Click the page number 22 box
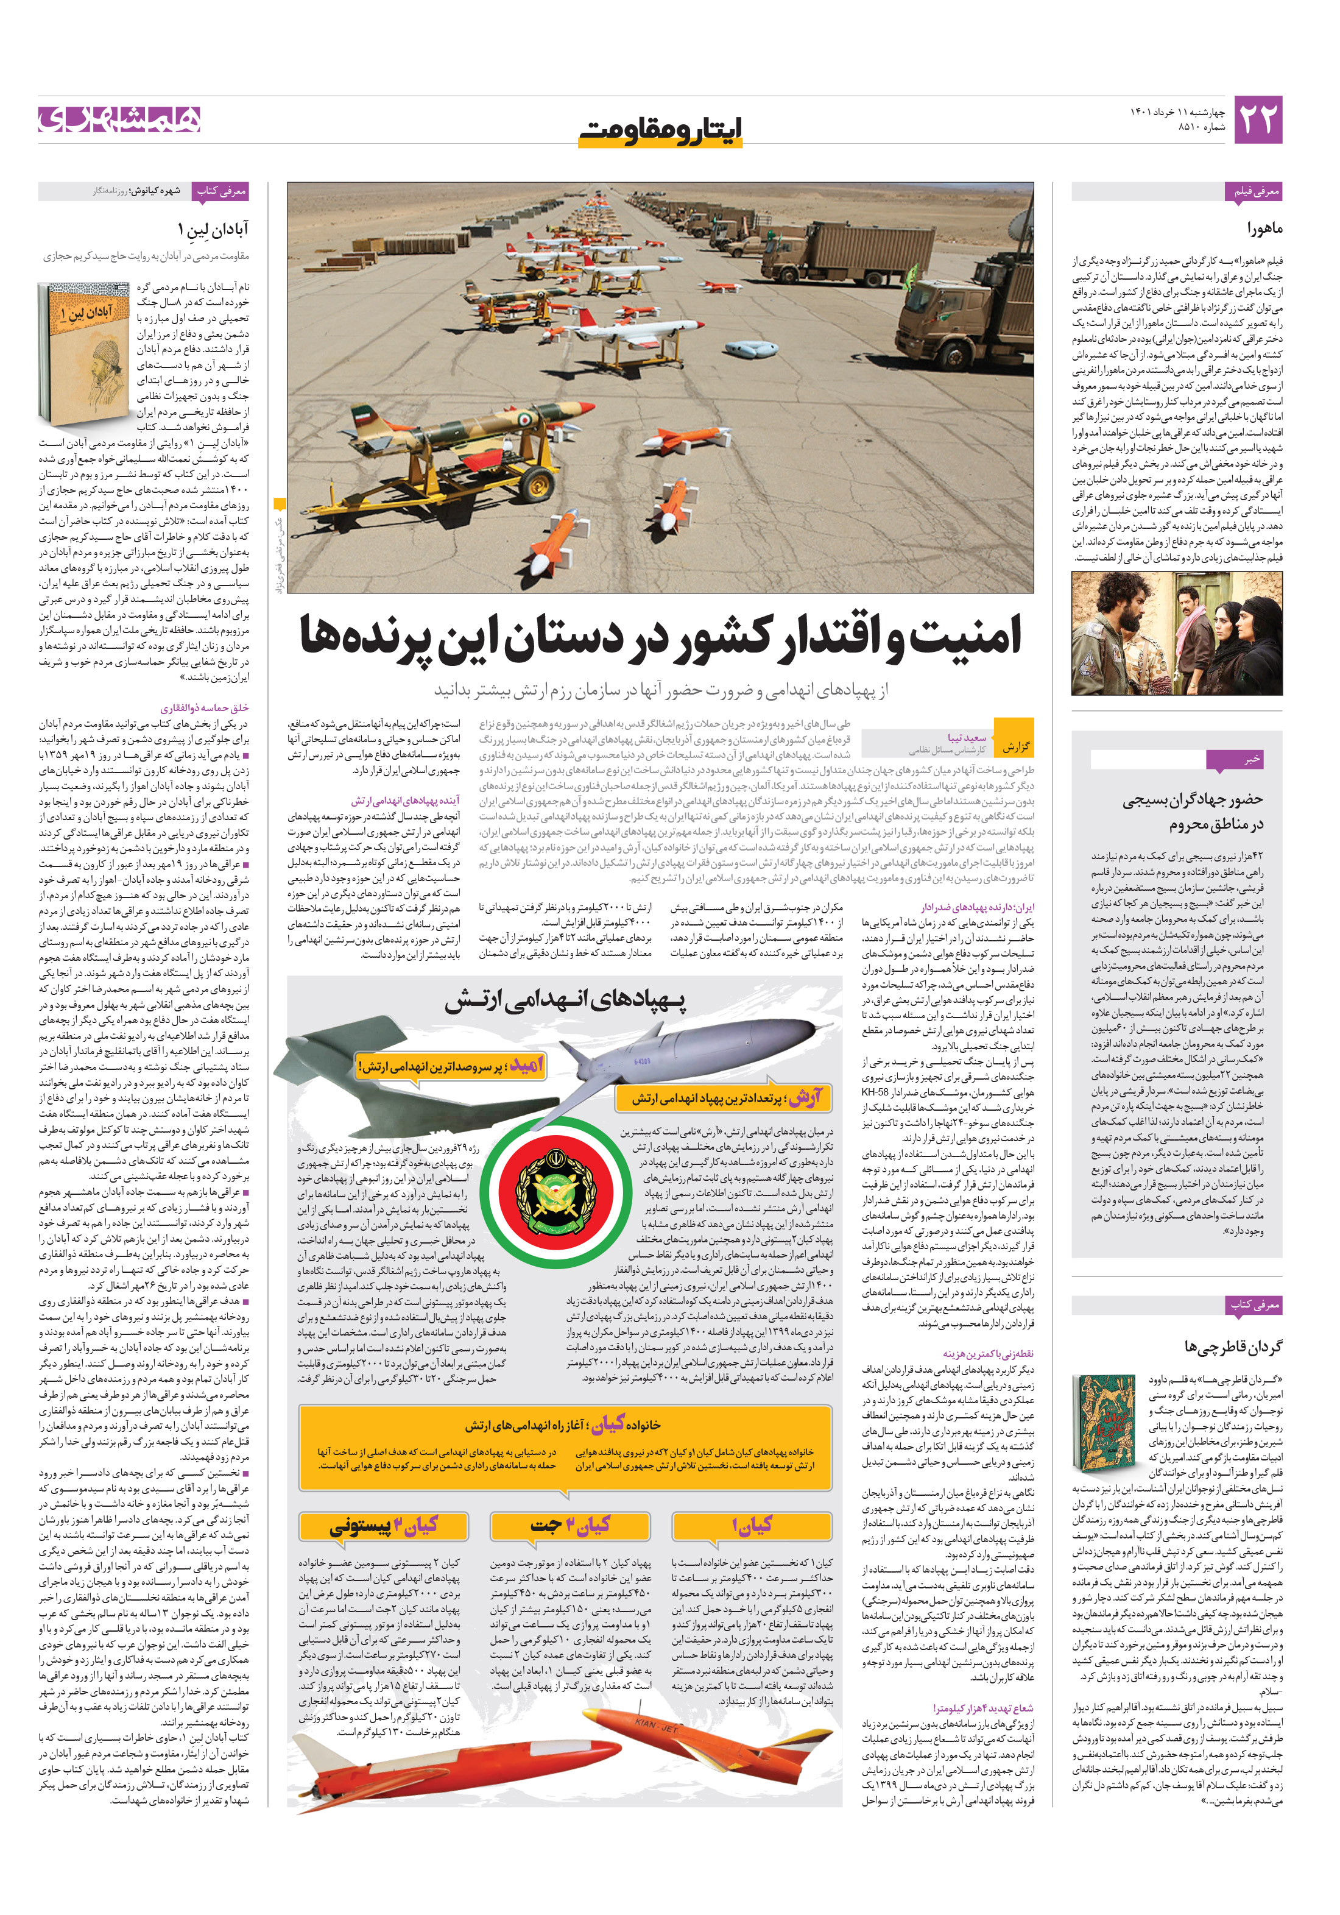pyautogui.click(x=1257, y=120)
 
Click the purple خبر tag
pyautogui.click(x=1251, y=759)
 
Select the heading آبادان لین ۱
pyautogui.click(x=213, y=228)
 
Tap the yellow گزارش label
pyautogui.click(x=1015, y=746)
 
